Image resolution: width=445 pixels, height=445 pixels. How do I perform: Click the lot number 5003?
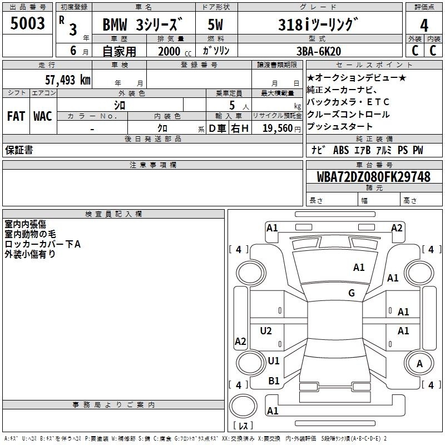click(27, 23)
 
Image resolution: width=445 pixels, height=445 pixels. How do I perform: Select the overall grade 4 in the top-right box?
click(424, 26)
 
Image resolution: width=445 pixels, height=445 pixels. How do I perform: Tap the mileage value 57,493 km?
click(68, 80)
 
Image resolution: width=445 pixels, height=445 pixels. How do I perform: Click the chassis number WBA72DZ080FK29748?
click(373, 177)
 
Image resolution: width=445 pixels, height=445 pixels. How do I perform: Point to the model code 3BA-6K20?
click(319, 51)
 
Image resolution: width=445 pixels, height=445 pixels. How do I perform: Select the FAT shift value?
click(16, 116)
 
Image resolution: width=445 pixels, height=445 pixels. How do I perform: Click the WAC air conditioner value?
click(43, 116)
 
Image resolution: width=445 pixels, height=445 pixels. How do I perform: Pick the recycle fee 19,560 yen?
click(281, 128)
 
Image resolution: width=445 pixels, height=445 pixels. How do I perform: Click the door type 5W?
click(215, 24)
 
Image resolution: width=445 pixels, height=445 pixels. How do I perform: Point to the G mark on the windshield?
click(352, 293)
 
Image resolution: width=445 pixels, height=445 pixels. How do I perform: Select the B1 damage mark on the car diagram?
click(274, 381)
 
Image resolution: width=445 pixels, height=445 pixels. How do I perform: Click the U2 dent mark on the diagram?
click(266, 330)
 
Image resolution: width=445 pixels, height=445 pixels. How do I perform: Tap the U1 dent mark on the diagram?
click(274, 360)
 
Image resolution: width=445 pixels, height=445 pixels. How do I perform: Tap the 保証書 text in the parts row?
click(19, 150)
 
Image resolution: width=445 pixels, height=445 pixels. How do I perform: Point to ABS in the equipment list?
click(341, 150)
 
